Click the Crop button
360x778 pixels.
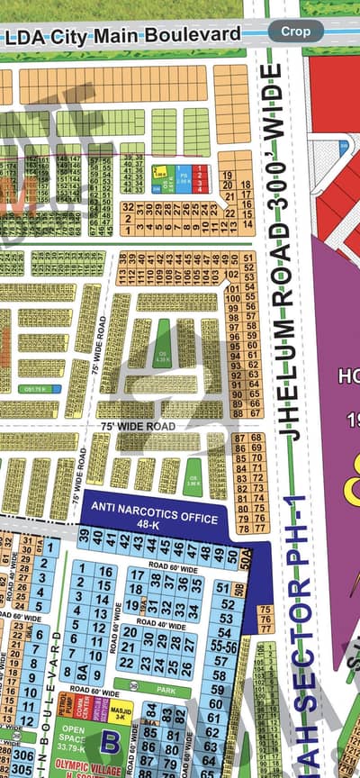click(x=296, y=31)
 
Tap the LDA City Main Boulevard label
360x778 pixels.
click(x=123, y=35)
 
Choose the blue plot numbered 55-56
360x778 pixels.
click(x=227, y=646)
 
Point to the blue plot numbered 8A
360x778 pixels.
click(x=82, y=670)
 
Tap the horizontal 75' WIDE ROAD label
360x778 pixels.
click(x=137, y=426)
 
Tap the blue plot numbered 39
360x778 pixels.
click(x=83, y=538)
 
